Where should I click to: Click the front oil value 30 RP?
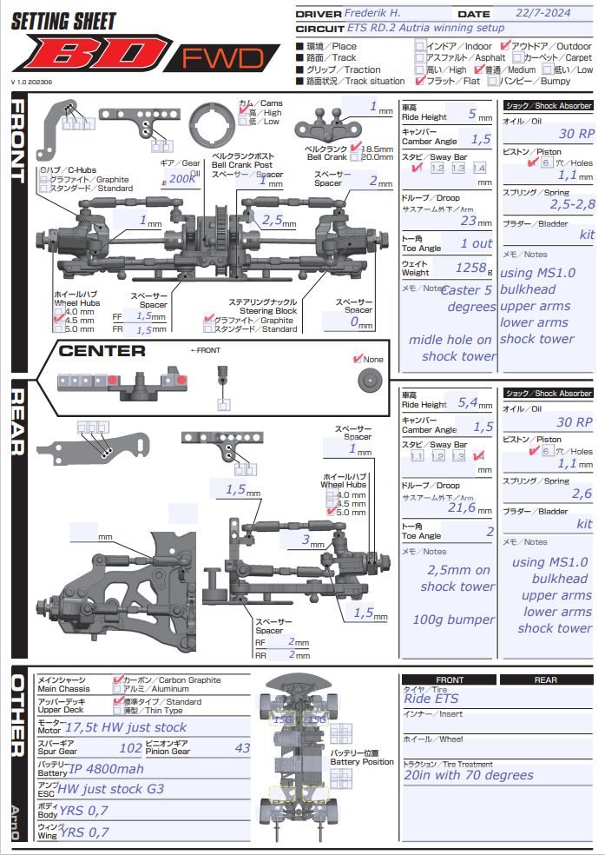point(576,134)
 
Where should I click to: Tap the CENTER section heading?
point(102,351)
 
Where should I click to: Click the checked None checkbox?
point(358,359)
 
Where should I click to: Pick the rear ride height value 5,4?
point(467,402)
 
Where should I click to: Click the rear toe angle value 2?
point(490,532)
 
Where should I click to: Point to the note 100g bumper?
point(454,620)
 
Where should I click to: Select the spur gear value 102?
point(131,747)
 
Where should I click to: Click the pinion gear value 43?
point(243,747)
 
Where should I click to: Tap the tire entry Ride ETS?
point(431,699)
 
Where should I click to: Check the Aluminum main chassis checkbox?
point(119,688)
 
